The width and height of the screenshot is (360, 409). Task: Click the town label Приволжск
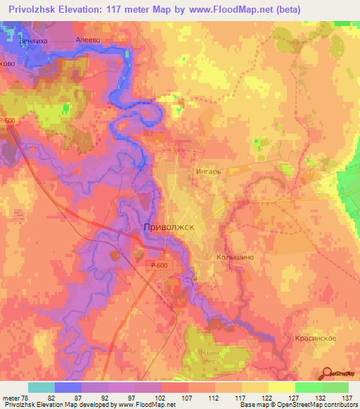(x=168, y=228)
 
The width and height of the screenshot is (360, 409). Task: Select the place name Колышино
(x=234, y=258)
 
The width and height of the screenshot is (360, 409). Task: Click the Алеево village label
(x=89, y=40)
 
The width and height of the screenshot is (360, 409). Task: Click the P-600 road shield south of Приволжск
(x=159, y=265)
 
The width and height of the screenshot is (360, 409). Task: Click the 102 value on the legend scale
(x=161, y=398)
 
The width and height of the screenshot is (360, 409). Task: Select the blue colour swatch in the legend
(x=67, y=387)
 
